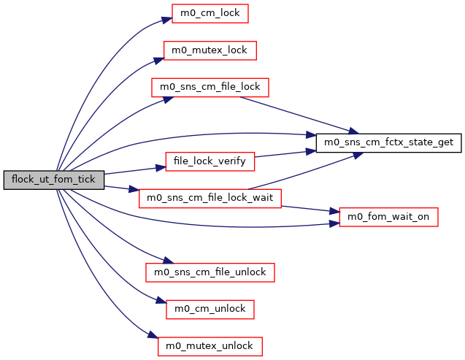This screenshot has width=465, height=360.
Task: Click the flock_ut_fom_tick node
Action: pyautogui.click(x=54, y=180)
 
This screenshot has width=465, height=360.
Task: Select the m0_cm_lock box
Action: pyautogui.click(x=210, y=13)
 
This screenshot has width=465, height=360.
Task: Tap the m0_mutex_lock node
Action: pyautogui.click(x=210, y=50)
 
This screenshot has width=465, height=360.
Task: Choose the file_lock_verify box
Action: pyautogui.click(x=210, y=161)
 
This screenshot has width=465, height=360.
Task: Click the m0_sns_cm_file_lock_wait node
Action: pyautogui.click(x=210, y=198)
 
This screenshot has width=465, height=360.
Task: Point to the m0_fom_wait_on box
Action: pyautogui.click(x=388, y=217)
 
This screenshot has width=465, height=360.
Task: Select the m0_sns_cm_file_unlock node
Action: pyautogui.click(x=210, y=272)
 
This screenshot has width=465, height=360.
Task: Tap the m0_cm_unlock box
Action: pyautogui.click(x=210, y=309)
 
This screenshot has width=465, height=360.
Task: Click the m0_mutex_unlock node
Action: pyautogui.click(x=210, y=346)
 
